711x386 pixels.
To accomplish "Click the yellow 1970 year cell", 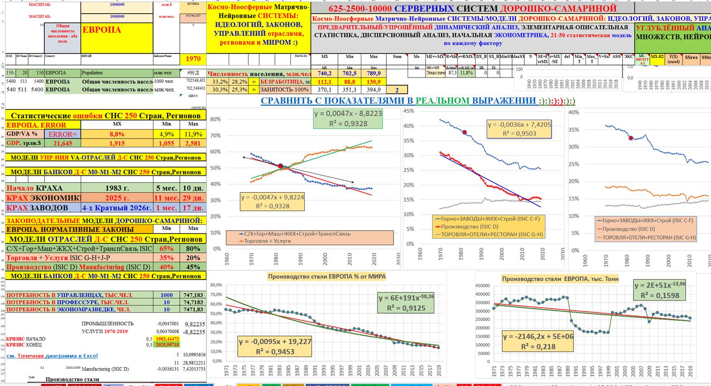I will point(193,59).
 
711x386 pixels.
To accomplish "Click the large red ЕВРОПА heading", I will point(101,30).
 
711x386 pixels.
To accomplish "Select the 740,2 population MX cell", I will point(324,73).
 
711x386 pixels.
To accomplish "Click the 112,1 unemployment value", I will point(324,82).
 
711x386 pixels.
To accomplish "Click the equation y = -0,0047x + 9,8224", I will point(273,198).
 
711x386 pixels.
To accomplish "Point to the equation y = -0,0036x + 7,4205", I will point(519,125).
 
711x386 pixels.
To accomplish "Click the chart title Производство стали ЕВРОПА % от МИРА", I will point(327,276).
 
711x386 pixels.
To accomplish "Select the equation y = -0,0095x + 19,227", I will point(275,342).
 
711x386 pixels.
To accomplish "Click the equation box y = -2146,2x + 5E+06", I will point(538,337).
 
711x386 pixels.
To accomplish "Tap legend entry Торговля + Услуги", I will point(267,241).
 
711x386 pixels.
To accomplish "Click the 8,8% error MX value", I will point(117,134).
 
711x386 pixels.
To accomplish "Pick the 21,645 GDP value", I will point(63,143).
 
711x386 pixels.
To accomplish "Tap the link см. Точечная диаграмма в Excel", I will point(52,356).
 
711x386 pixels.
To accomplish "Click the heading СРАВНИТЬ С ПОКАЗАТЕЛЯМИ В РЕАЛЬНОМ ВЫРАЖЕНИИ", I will point(418,101).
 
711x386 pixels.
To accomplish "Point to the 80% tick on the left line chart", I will point(216,120).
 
